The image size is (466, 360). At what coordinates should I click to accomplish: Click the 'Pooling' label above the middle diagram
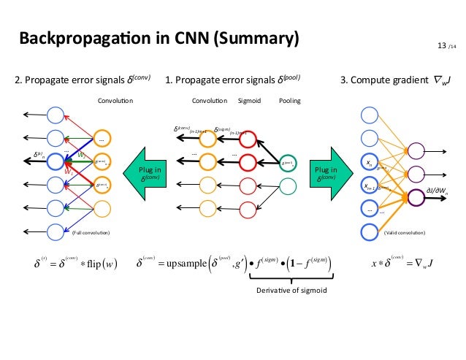pyautogui.click(x=290, y=101)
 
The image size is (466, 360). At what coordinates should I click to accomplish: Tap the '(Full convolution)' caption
pyautogui.click(x=91, y=233)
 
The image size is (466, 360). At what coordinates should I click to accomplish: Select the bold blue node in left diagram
pyautogui.click(x=56, y=161)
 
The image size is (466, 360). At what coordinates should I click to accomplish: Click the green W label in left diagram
pyautogui.click(x=83, y=155)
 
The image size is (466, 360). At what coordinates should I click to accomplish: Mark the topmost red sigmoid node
pyautogui.click(x=248, y=138)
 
